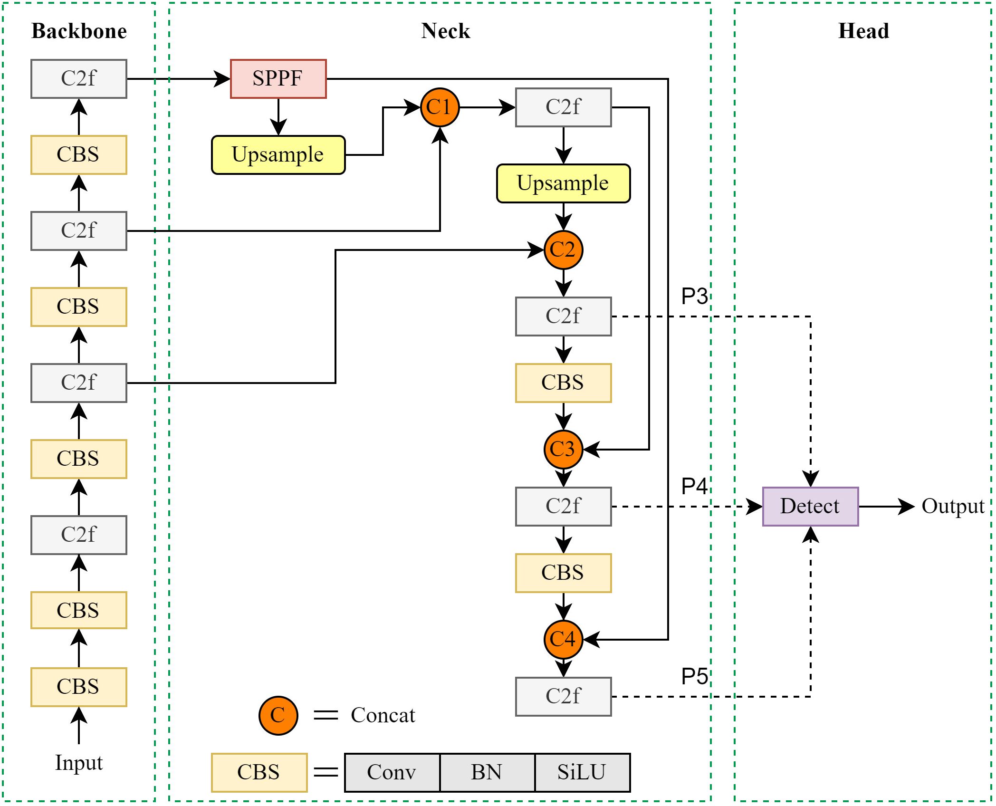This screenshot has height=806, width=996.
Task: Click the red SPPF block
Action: coord(278,79)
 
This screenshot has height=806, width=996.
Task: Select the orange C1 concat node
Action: coord(440,107)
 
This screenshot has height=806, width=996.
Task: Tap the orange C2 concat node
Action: coord(563,250)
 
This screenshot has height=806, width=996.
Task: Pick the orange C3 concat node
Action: coord(563,449)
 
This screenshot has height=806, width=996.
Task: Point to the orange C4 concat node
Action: coord(563,639)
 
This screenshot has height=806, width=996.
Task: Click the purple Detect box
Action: coord(810,506)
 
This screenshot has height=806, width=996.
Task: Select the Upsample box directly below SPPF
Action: coord(278,155)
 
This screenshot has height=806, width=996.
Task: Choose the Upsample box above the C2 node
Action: coord(563,183)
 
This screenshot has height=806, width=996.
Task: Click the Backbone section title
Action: coord(79,31)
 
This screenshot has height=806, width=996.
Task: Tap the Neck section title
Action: coord(445,31)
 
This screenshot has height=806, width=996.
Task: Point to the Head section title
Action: coord(863,31)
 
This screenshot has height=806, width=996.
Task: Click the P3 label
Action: coord(694,296)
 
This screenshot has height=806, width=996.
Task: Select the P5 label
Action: coord(694,676)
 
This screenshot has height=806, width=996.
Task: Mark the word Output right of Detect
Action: coord(953,506)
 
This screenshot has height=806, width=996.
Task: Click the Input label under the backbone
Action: coord(79,763)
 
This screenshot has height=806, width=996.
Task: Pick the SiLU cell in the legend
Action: coord(582,772)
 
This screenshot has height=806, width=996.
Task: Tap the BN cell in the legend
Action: coord(487,772)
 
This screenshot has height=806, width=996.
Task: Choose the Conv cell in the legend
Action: coord(392,772)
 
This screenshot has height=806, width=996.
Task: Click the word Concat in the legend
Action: coord(383,715)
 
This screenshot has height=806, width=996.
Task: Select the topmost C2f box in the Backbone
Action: coord(79,79)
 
